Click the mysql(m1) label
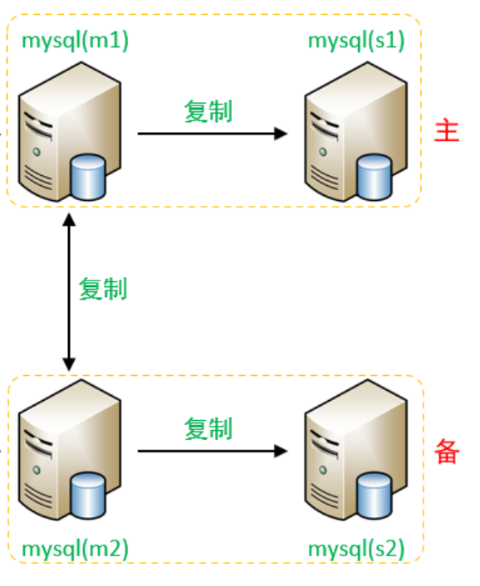pos(75,41)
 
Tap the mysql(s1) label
pos(356,41)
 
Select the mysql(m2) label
pos(75,549)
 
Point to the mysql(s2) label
pos(356,549)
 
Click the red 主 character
pos(447,130)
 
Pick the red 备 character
pos(447,452)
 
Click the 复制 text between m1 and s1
pos(208,111)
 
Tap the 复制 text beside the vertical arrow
pos(103,289)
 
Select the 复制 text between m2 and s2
pos(208,428)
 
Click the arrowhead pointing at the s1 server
pos(281,134)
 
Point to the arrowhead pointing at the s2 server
pos(281,451)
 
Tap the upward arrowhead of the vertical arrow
pos(69,220)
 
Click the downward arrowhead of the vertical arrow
pos(69,364)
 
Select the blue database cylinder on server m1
pos(88,177)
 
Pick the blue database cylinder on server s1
pos(375,177)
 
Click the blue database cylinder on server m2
pos(88,495)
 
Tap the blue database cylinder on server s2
pos(375,495)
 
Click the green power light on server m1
pos(37,152)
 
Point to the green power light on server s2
pos(323,470)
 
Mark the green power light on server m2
pos(37,470)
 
